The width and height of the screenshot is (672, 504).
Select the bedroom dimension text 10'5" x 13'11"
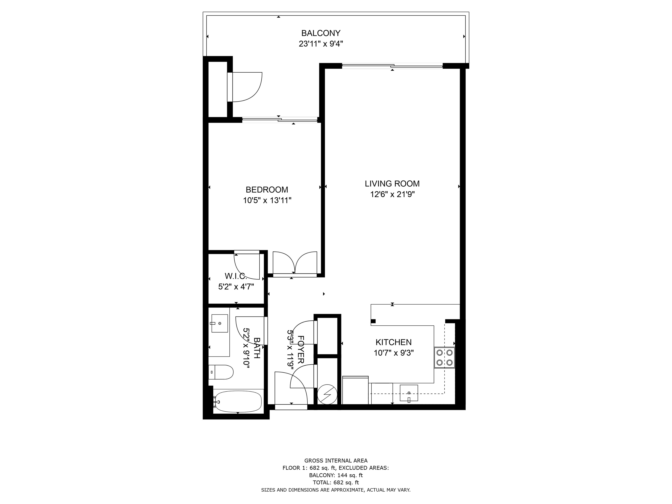[267, 200]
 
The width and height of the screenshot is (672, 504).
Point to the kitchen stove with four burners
[444, 358]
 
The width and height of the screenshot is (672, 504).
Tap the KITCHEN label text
[393, 342]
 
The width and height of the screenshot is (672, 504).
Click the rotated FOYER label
[301, 350]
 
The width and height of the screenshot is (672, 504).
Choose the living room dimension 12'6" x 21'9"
[392, 194]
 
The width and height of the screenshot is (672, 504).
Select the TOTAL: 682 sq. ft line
[336, 483]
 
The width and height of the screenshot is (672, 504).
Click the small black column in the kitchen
[373, 321]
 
